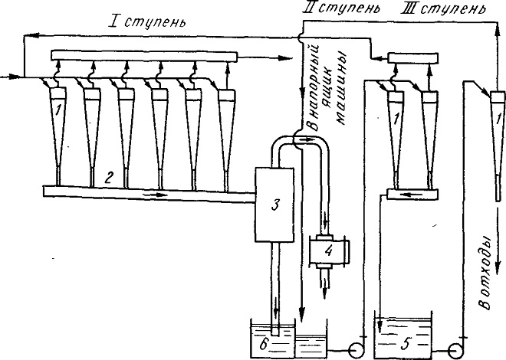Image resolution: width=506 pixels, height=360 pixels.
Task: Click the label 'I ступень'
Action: (x=147, y=22)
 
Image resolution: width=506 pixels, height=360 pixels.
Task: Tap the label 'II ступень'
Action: (x=340, y=8)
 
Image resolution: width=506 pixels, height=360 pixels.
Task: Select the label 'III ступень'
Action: (x=442, y=8)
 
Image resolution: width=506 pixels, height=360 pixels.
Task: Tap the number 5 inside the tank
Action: (x=406, y=344)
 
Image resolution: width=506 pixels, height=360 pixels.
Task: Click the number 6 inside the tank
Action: (x=264, y=345)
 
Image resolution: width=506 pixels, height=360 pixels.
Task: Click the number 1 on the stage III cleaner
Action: (x=499, y=120)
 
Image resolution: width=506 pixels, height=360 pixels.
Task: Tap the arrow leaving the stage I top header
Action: (x=264, y=58)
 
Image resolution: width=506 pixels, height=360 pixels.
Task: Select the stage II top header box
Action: (x=413, y=58)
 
